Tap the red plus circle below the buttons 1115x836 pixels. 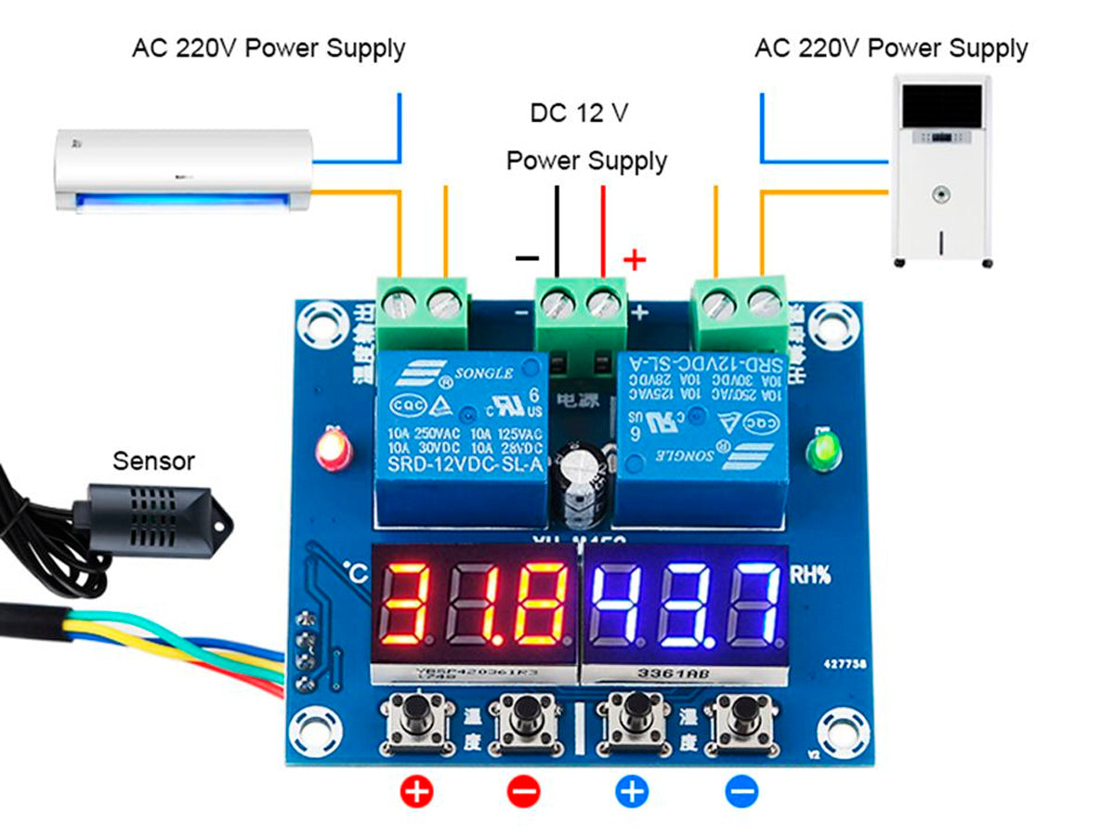(x=417, y=792)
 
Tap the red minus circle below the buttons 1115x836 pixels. (x=524, y=792)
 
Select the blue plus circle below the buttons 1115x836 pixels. (x=633, y=792)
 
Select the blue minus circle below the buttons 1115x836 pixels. (x=741, y=792)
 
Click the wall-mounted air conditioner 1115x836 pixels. (x=182, y=170)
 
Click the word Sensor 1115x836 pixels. (x=153, y=460)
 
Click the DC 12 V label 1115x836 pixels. (x=579, y=113)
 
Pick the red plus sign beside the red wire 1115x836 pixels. (x=635, y=258)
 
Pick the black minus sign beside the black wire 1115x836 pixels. (x=527, y=257)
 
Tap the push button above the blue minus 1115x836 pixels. (x=741, y=716)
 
